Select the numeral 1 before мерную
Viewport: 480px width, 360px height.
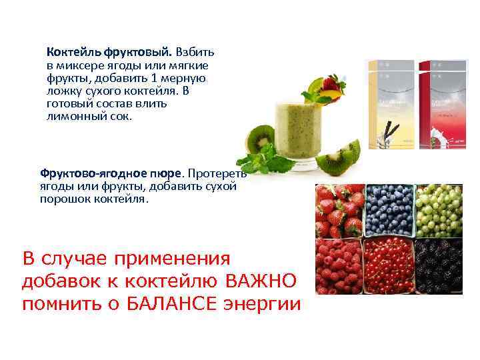pos(171,78)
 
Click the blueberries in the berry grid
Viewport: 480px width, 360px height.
pos(389,208)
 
